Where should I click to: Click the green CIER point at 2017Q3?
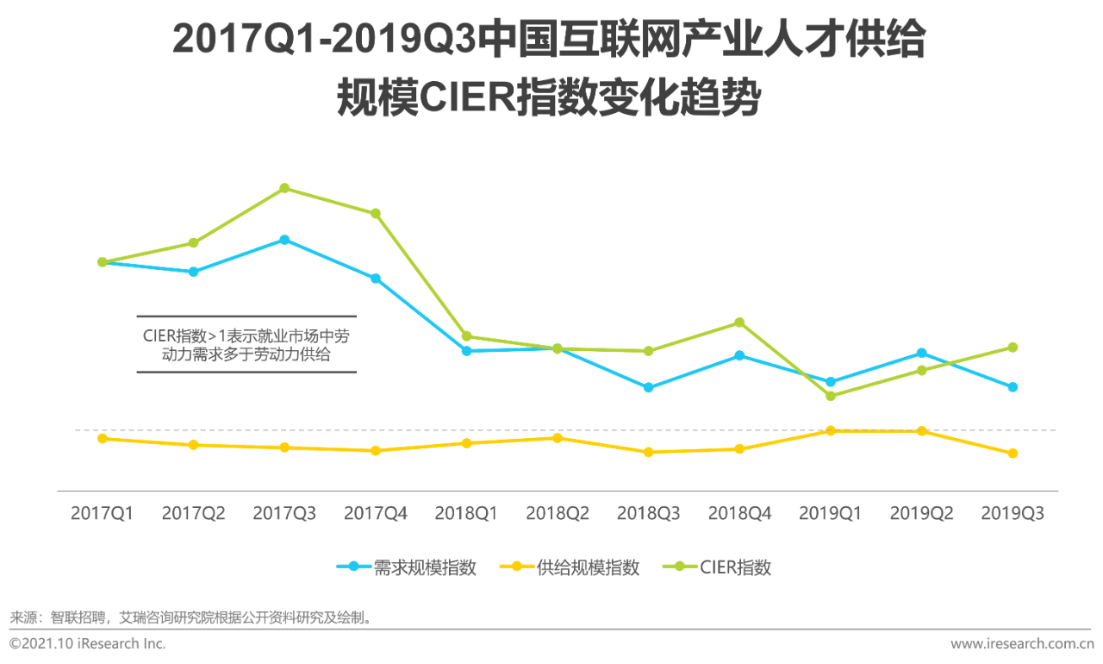pos(284,188)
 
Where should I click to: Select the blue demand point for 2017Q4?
pos(376,279)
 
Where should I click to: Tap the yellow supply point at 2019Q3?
pos(1013,454)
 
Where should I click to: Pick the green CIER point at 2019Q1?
pos(831,397)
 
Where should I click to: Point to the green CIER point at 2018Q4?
pos(739,323)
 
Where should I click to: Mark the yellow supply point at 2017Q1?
pos(103,439)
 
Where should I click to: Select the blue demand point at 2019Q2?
pos(921,353)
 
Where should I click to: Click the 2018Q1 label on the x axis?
pos(466,514)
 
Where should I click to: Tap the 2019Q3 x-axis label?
pos(1013,514)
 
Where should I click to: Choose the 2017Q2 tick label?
pos(194,514)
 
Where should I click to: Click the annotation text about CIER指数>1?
pos(246,344)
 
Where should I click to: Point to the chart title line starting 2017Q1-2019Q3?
pos(549,41)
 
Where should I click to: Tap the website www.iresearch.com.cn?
pos(1021,644)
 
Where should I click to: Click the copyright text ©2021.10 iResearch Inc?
pos(87,644)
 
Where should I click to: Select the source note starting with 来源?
pos(191,617)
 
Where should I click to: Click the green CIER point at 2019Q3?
pos(1013,348)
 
